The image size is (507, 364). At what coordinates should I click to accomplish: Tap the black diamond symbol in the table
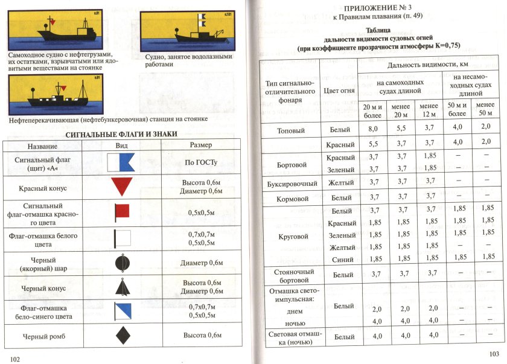coord(122,334)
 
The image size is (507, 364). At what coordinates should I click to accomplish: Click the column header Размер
coord(202,145)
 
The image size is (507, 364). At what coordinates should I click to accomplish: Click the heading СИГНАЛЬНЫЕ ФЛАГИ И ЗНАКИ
coord(121,134)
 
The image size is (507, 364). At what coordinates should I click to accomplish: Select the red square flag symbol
coord(121,211)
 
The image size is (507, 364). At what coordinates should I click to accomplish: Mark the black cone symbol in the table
coord(122,287)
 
